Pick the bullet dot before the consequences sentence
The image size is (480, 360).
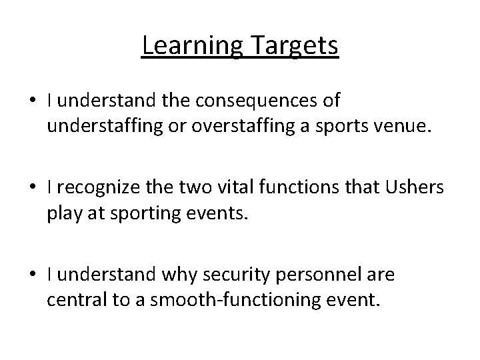click(x=33, y=102)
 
